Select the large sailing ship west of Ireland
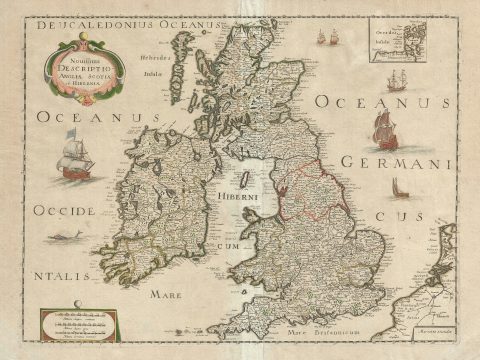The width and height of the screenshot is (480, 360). pyautogui.click(x=76, y=155)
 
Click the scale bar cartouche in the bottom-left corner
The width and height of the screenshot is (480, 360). pyautogui.click(x=78, y=324)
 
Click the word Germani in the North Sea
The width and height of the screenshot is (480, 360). pyautogui.click(x=396, y=163)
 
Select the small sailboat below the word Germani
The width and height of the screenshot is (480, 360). pyautogui.click(x=399, y=187)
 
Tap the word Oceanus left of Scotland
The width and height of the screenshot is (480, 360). pyautogui.click(x=99, y=119)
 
